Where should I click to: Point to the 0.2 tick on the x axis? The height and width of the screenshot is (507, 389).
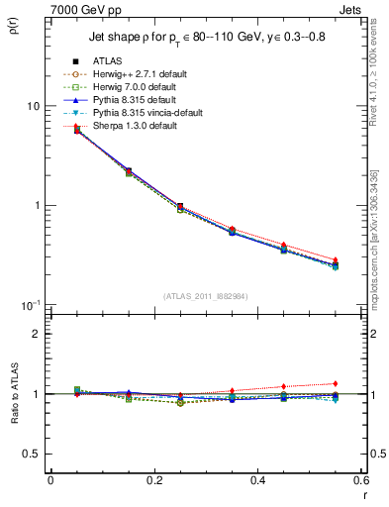point(153,481)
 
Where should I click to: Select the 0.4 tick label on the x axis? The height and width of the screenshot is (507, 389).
point(257,481)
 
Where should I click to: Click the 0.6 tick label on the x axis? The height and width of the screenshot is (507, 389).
point(358,481)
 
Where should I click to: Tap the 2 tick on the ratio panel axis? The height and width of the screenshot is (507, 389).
point(37,334)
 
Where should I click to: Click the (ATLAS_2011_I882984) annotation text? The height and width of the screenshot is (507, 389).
point(207,296)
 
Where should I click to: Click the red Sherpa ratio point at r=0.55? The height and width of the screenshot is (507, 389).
point(336,383)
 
